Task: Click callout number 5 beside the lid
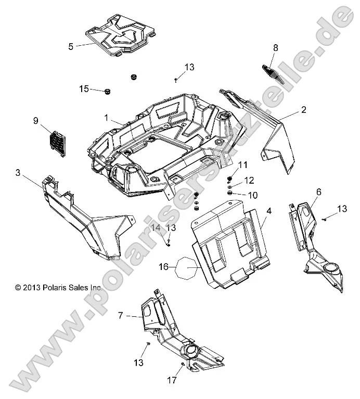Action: tap(71, 46)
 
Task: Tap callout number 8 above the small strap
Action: tap(276, 48)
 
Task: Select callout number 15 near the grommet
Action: tap(84, 89)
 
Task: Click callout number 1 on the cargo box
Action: tap(106, 118)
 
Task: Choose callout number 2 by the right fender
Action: tap(303, 110)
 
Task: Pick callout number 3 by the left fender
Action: tap(18, 173)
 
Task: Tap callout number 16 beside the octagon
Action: tap(163, 267)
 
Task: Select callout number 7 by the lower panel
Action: tap(121, 315)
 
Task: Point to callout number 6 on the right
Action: tap(319, 192)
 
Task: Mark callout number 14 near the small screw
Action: tap(156, 227)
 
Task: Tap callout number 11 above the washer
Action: tap(242, 166)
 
